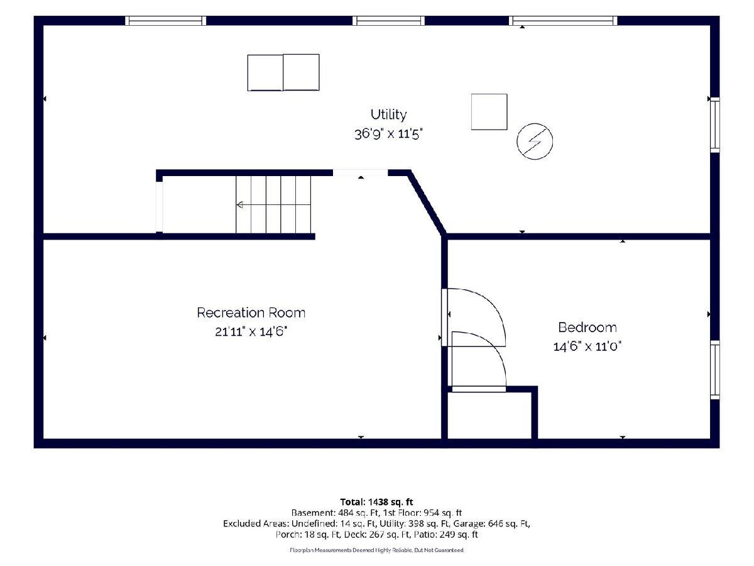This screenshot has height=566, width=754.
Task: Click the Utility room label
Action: (x=388, y=114)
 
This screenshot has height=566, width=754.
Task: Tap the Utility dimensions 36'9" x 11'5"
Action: (x=388, y=134)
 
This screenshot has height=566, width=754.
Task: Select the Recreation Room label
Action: (x=251, y=313)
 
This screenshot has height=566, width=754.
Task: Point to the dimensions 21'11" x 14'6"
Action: (x=251, y=331)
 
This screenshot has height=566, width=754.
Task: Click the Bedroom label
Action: (x=587, y=327)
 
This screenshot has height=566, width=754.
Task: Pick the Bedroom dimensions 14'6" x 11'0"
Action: (x=587, y=346)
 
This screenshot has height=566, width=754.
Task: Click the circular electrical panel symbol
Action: (x=535, y=141)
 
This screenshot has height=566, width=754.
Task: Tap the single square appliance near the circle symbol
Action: (x=489, y=112)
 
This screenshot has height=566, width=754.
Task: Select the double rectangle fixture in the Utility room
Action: (x=283, y=72)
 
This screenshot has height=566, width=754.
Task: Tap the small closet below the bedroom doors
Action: (x=489, y=416)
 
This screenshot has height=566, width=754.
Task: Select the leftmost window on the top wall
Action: (x=166, y=21)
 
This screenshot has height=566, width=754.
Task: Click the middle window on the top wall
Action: (x=388, y=21)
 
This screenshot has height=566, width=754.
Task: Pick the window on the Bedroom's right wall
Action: (x=715, y=370)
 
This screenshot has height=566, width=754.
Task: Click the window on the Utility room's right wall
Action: (x=715, y=125)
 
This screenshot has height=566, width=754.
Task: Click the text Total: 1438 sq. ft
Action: (x=377, y=502)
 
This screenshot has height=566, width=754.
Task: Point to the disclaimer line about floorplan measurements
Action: (x=377, y=550)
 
